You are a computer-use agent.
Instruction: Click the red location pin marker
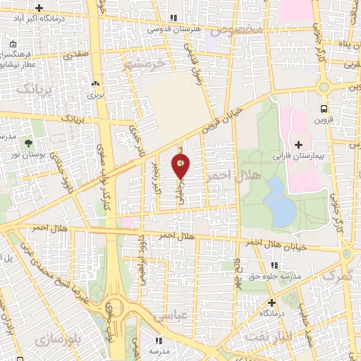tap(181, 166)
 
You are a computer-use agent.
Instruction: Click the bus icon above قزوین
tap(324, 109)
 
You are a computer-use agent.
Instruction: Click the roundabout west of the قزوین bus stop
tap(324, 87)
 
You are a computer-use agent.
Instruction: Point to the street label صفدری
tap(74, 53)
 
